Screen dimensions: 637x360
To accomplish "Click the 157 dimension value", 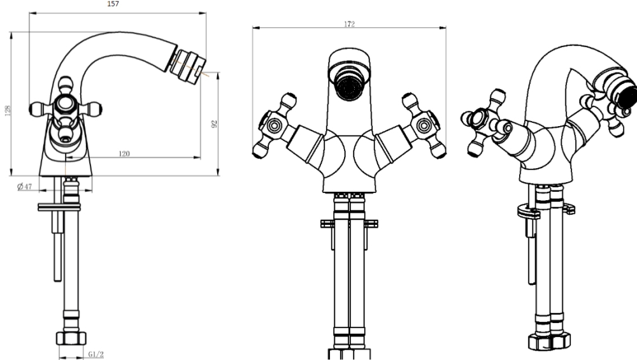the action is (x=113, y=4).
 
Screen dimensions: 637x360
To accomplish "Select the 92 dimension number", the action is (x=215, y=124).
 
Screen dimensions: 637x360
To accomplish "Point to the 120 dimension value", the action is (x=124, y=154).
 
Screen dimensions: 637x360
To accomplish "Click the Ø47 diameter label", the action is (x=24, y=187).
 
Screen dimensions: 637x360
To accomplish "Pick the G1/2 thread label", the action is (x=96, y=355).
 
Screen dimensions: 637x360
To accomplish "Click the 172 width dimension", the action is (x=349, y=24).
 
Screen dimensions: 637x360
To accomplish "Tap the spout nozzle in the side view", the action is (x=188, y=63).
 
